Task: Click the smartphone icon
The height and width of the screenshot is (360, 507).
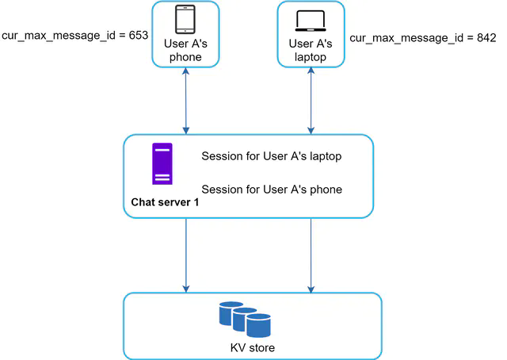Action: pos(186,19)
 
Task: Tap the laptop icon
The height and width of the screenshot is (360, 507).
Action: pos(311,19)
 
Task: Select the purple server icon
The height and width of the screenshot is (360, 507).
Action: pos(162,164)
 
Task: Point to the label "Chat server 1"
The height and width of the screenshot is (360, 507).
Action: pos(165,203)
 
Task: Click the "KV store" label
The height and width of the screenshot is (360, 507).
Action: pos(252,348)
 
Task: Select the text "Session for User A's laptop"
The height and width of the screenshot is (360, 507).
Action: pos(272,156)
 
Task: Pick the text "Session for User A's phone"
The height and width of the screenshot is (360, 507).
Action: pos(272,190)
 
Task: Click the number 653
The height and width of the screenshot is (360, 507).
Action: pos(138,36)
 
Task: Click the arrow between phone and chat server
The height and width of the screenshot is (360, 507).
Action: pos(186,100)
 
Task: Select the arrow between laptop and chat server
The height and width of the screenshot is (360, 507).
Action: pos(311,100)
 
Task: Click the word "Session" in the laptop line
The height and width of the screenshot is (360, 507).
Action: pos(223,156)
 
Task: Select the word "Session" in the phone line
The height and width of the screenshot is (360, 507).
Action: pos(223,190)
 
